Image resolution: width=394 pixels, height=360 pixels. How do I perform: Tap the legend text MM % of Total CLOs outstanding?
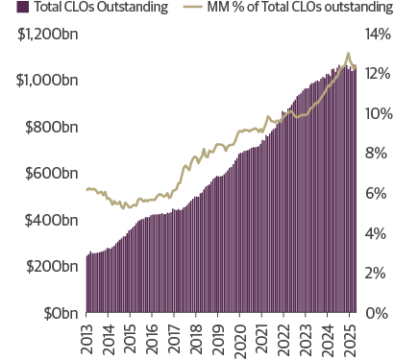coord(295,9)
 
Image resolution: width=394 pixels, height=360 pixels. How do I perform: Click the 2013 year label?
coord(86,338)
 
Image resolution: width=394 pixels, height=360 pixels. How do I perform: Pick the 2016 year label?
coord(153,338)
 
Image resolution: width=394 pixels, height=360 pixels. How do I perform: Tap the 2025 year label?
coord(352,338)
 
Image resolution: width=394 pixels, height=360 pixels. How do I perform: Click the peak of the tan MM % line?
coord(347,53)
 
